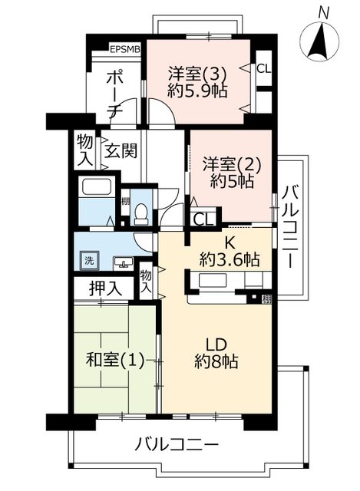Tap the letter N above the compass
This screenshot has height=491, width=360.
tap(322, 12)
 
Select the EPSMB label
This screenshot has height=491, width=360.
tap(124, 49)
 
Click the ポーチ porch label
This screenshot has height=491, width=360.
tap(114, 94)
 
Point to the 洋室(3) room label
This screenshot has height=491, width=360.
tap(197, 74)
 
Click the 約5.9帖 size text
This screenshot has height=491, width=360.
tap(197, 91)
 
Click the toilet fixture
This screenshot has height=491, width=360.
tap(141, 214)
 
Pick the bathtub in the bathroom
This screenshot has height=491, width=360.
tap(97, 187)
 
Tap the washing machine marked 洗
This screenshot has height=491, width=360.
tap(89, 260)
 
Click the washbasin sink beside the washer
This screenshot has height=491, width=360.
tap(124, 262)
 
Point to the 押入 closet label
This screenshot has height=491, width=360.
tap(105, 288)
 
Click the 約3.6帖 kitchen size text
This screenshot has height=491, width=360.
tap(230, 259)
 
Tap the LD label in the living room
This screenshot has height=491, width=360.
tap(216, 344)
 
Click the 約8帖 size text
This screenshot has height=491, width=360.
tap(216, 361)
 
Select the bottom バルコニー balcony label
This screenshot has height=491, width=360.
tap(177, 444)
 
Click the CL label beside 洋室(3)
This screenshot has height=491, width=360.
tap(264, 68)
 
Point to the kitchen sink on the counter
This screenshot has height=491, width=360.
tap(213, 280)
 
